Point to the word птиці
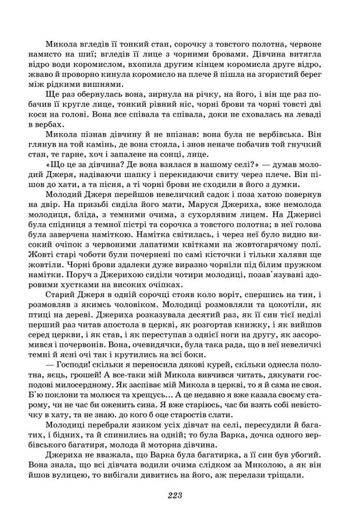[x=57, y=315]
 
